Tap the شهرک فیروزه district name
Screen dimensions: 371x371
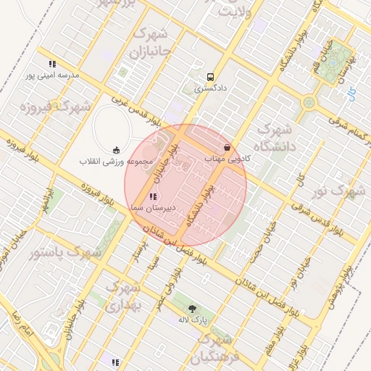pos(46,107)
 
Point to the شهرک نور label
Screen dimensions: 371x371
pos(338,191)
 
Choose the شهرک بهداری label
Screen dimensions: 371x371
pos(121,297)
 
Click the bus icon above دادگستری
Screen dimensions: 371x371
pos(210,77)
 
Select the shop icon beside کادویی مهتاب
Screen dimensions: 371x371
pos(228,147)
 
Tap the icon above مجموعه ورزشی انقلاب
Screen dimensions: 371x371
pos(117,150)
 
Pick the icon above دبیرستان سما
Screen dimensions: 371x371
pos(151,196)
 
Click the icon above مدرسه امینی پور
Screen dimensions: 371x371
pos(51,64)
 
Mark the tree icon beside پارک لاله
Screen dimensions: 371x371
pos(193,309)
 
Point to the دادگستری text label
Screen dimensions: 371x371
pos(210,89)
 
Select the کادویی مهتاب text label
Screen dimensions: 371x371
pos(228,158)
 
